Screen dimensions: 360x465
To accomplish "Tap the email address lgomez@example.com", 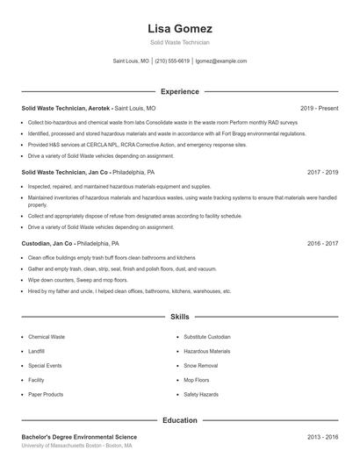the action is click(221, 61).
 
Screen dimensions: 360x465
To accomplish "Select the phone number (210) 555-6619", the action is click(173, 61).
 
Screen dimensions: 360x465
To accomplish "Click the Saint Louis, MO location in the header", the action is click(132, 61).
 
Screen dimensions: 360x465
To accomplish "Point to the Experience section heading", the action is click(180, 91).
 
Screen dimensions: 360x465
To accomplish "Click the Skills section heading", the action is click(180, 316).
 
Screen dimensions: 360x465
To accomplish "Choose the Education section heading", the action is click(180, 420).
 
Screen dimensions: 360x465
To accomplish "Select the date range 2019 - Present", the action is click(319, 108).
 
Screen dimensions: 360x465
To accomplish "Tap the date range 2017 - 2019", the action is click(323, 173).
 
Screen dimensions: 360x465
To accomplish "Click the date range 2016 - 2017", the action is click(323, 243).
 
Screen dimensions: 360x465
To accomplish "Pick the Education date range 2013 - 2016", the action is click(323, 436).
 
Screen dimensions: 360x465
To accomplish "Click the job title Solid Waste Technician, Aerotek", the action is click(65, 108).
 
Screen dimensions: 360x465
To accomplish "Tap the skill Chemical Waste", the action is click(47, 336).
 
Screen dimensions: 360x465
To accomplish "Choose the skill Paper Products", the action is click(46, 394).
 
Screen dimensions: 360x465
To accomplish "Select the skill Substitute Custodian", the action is click(207, 336).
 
